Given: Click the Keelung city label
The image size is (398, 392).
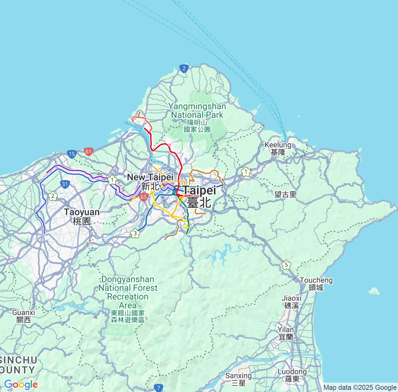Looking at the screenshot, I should pyautogui.click(x=278, y=148).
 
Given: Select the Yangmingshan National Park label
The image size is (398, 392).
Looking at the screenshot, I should pyautogui.click(x=197, y=118).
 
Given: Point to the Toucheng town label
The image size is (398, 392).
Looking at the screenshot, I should pyautogui.click(x=316, y=284).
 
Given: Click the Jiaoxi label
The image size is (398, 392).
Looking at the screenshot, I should pyautogui.click(x=292, y=301).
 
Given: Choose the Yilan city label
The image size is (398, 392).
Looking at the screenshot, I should pyautogui.click(x=286, y=333).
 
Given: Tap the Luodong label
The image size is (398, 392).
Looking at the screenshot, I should pyautogui.click(x=292, y=375).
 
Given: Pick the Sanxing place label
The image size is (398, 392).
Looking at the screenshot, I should pyautogui.click(x=238, y=379).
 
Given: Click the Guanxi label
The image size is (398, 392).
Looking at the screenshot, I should pyautogui.click(x=24, y=316).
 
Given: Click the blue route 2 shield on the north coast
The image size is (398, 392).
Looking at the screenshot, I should pyautogui.click(x=184, y=68).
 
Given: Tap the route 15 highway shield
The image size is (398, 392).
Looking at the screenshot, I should pyautogui.click(x=72, y=154).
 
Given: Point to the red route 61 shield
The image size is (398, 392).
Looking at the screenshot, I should pyautogui.click(x=89, y=152).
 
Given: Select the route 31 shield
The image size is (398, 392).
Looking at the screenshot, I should pyautogui.click(x=64, y=184).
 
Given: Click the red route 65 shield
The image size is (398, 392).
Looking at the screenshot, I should pyautogui.click(x=143, y=197).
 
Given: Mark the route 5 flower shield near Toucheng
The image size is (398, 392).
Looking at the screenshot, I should pyautogui.click(x=286, y=265).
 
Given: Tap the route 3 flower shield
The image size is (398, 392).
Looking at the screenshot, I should pyautogui.click(x=135, y=233).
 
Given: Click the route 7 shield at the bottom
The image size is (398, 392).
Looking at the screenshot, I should pyautogui.click(x=159, y=388).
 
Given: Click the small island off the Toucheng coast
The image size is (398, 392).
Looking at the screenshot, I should pyautogui.click(x=374, y=291).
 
